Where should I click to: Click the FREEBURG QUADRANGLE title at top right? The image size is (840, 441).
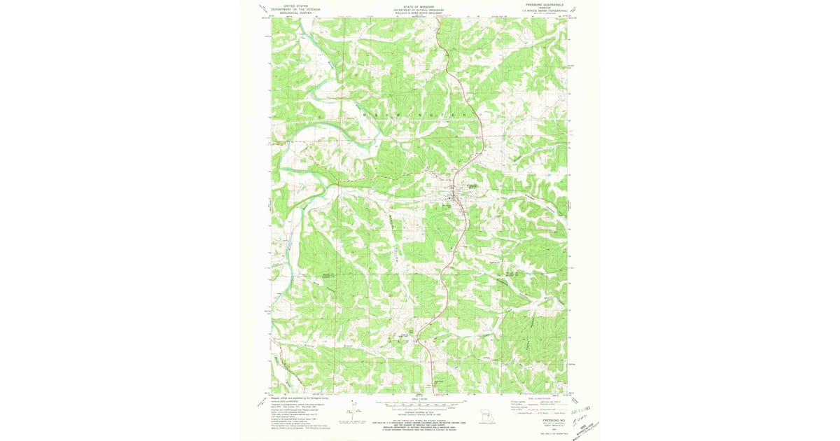pyautogui.click(x=543, y=3)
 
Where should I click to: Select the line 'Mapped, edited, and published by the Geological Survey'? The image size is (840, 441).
pyautogui.click(x=302, y=398)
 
